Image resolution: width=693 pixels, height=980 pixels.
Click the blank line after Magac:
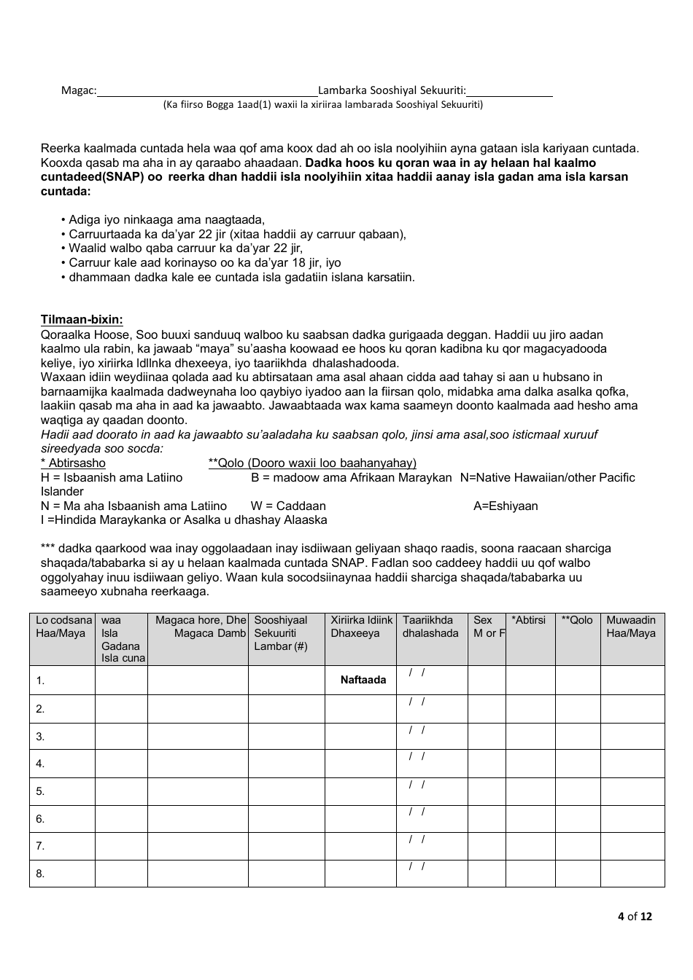point(207,92)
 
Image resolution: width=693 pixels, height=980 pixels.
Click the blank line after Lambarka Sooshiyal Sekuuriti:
point(509,92)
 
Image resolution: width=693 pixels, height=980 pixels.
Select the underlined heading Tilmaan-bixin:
point(82,319)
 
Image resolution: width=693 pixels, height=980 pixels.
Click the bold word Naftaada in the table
point(363,680)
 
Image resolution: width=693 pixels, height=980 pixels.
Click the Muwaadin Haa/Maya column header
point(631,627)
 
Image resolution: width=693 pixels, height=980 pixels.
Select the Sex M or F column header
point(487,627)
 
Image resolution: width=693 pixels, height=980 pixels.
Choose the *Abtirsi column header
point(529,620)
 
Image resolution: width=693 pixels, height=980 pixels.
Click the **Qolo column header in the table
point(577,620)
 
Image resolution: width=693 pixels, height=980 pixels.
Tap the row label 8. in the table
point(41,874)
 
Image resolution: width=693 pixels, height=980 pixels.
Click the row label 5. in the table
point(41,791)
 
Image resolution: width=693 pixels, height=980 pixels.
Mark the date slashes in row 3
point(417,729)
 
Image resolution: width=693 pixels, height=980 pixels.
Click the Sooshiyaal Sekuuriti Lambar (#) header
point(286,632)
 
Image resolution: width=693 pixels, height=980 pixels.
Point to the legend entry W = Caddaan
point(288,506)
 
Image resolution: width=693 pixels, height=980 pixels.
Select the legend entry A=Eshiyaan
point(506,506)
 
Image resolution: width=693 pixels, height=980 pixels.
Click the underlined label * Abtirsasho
point(73,463)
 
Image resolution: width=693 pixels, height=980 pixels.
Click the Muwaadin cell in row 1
point(632,680)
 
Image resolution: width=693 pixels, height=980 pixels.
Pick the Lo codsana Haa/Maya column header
point(63,627)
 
